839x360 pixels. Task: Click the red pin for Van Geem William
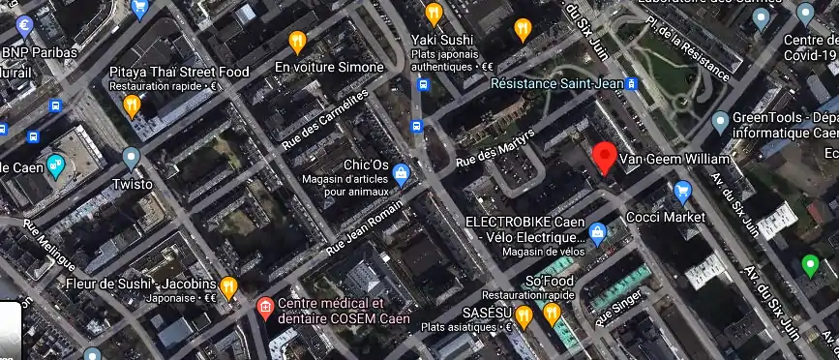606,157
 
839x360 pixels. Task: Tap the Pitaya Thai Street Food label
179,72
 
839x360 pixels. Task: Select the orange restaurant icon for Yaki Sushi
434,14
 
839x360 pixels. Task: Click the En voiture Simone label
329,67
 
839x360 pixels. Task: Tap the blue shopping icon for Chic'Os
402,173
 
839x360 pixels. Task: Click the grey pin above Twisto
131,156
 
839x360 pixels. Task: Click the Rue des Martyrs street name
494,146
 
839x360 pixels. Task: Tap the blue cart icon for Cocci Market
683,190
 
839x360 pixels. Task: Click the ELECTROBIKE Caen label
524,222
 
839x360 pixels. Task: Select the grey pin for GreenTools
719,122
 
